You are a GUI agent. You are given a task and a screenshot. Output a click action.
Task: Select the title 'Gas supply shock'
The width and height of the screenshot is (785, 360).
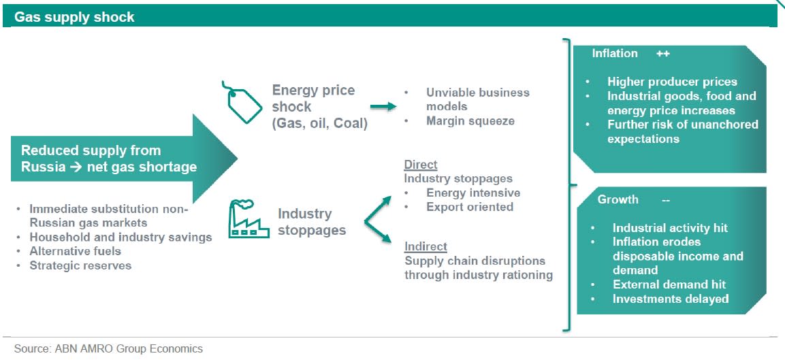coord(74,17)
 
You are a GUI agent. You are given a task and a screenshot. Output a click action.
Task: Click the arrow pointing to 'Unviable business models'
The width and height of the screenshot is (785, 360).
coord(383,106)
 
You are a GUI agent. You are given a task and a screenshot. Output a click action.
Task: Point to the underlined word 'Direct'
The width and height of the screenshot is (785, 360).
coord(421,164)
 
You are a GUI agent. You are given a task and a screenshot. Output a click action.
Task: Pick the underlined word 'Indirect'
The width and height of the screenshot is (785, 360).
coord(426,246)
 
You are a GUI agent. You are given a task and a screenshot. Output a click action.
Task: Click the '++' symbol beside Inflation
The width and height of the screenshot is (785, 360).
coord(663,54)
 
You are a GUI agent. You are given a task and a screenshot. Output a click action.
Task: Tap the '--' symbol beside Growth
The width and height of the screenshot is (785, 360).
coord(666,200)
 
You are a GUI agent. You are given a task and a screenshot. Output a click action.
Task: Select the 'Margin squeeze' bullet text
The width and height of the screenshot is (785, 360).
coord(470,120)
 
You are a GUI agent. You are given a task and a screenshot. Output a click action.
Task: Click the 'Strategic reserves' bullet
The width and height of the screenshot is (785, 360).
coord(80,265)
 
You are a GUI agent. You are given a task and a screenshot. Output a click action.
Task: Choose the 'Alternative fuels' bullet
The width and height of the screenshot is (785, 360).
coord(75,251)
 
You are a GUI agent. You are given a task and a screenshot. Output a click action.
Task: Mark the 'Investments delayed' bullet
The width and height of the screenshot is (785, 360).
coord(671,299)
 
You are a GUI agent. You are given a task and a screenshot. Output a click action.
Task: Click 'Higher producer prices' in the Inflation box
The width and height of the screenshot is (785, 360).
coord(673,82)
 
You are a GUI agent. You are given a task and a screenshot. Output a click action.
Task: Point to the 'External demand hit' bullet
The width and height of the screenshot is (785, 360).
coord(669,284)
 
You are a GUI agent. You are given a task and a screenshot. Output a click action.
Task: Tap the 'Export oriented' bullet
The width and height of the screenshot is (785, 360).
coord(470,207)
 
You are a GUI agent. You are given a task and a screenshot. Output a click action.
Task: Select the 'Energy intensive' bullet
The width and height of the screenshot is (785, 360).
coord(473,193)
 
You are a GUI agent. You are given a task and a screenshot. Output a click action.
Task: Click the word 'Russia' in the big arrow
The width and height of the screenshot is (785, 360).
coord(43,167)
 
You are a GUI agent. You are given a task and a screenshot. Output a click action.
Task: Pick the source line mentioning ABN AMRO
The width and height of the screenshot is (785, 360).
coord(109,348)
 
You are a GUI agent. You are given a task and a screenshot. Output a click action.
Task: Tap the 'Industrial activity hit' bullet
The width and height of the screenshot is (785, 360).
coord(670,228)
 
